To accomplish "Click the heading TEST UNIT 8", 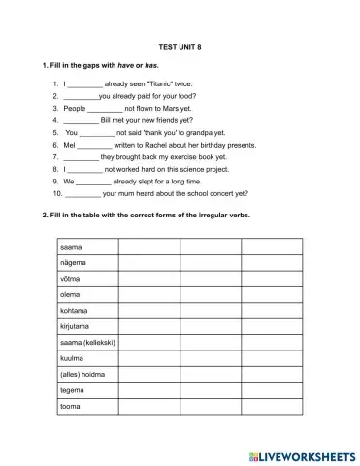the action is click(x=179, y=46).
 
